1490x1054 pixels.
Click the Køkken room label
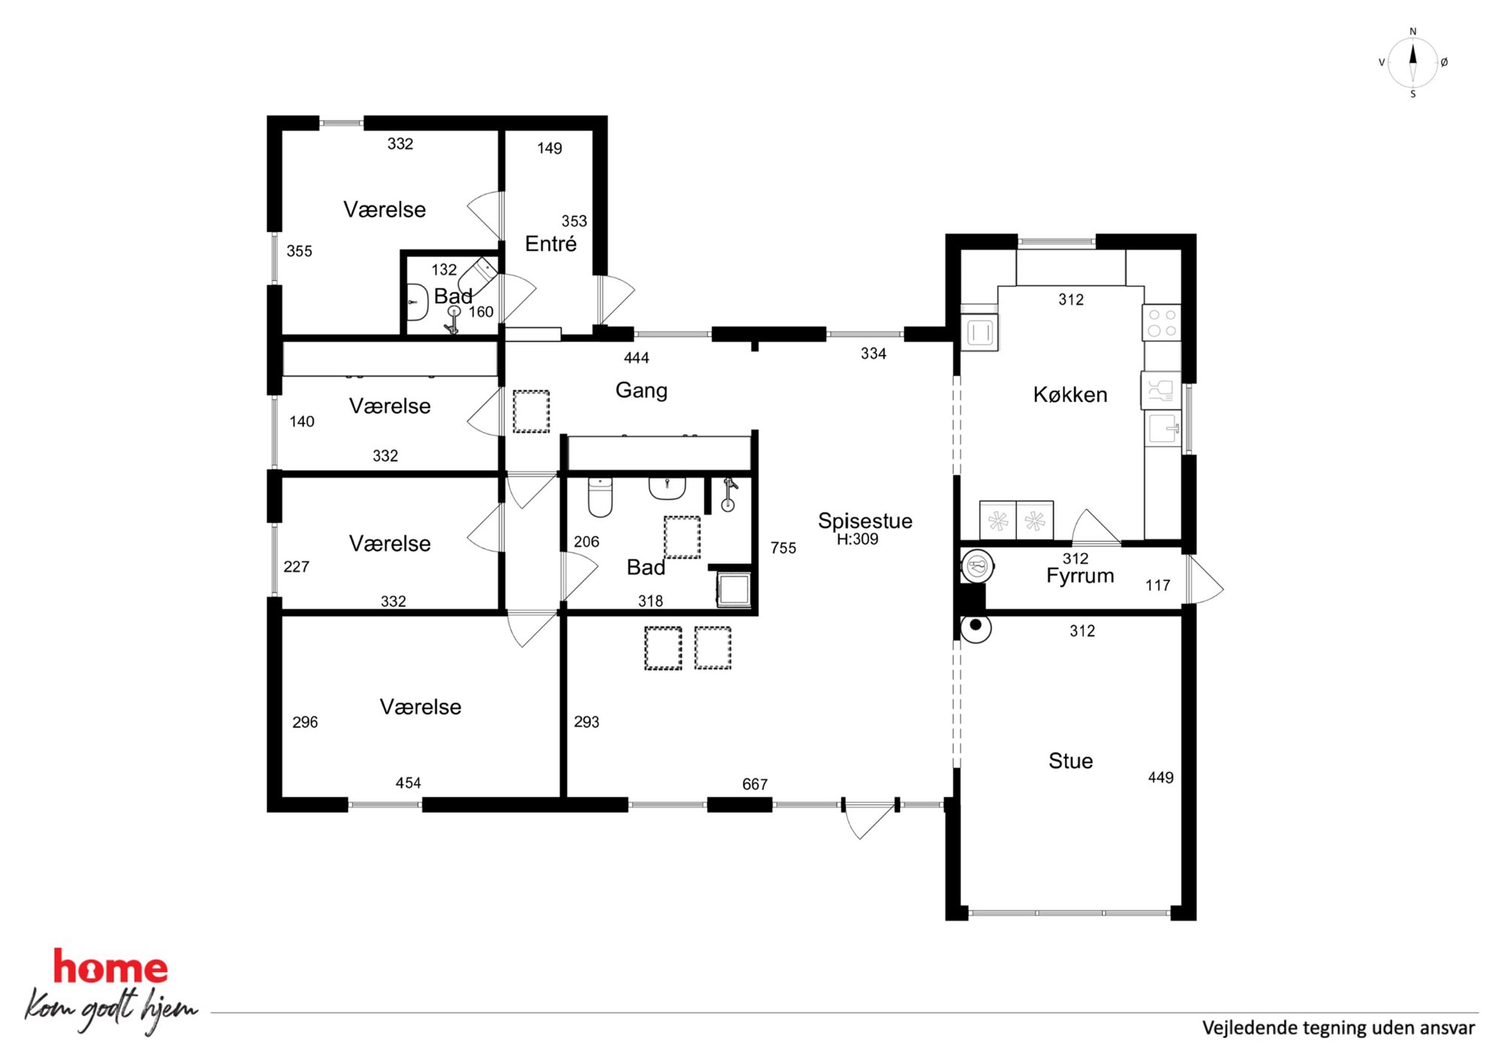click(1070, 394)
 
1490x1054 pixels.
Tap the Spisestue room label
click(865, 521)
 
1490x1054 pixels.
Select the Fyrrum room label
click(1080, 575)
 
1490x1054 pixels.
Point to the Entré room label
click(550, 243)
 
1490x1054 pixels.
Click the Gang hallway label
click(641, 391)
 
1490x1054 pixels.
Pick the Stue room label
click(1070, 761)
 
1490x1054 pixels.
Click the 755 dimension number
click(783, 548)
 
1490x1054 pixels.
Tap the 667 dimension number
click(755, 784)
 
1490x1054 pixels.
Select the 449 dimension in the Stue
click(1160, 778)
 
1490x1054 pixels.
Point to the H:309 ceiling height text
click(858, 539)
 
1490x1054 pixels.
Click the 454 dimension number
click(409, 783)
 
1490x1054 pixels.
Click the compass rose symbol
click(1413, 63)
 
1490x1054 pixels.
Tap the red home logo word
click(110, 967)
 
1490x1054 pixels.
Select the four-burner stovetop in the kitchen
click(1162, 322)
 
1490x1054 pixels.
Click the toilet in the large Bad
click(600, 497)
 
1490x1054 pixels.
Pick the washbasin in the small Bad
click(417, 302)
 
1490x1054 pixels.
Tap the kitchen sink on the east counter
click(1163, 429)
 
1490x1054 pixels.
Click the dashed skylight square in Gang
click(531, 411)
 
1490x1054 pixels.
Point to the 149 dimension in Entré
click(549, 149)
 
